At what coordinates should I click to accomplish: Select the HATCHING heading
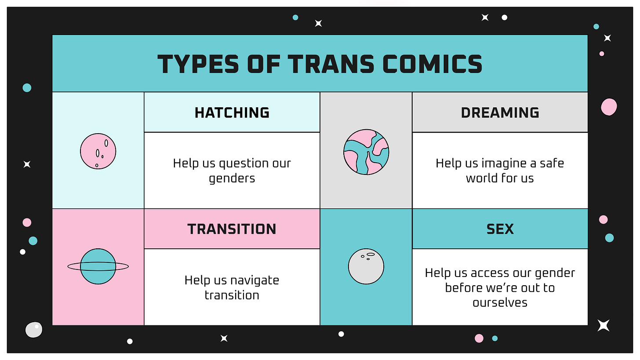232,113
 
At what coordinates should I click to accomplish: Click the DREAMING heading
500,113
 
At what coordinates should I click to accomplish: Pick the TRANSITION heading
232,229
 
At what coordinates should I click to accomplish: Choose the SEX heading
500,229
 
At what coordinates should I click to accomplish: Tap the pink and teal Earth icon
366,152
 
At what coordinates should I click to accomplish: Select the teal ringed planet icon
98,266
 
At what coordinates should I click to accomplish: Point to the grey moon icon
366,266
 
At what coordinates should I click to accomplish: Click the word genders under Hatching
232,178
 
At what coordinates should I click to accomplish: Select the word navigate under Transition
255,280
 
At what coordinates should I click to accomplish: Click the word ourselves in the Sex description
500,302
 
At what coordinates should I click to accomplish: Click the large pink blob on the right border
609,107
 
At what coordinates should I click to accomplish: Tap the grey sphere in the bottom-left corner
33,330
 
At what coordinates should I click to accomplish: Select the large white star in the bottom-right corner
604,325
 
